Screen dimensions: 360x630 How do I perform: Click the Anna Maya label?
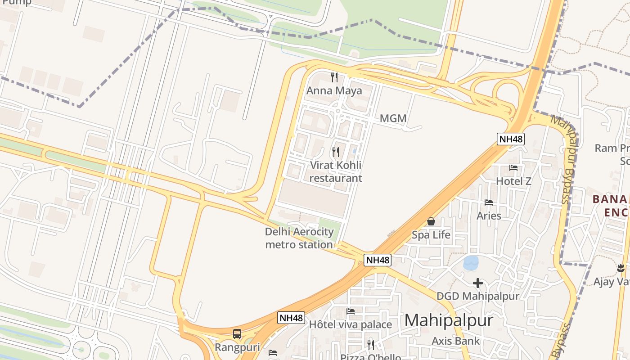coord(334,91)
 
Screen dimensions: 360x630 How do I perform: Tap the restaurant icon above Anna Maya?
coord(334,77)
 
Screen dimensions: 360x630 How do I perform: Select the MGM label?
coord(393,119)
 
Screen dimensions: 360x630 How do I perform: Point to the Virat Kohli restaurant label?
coord(336,171)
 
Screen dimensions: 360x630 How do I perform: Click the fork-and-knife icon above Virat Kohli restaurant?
coord(336,152)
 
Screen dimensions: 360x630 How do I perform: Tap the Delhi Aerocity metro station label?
coord(299,238)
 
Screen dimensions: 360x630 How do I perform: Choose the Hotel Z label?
coord(513,181)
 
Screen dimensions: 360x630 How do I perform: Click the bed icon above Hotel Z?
coord(513,168)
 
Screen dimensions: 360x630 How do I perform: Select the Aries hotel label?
coord(489,216)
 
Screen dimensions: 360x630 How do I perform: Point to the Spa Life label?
coord(431,235)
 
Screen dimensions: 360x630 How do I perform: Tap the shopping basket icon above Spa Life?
coord(431,221)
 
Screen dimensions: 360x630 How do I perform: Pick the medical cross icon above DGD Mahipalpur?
coord(478,283)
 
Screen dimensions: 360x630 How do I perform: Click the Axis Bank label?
coord(456,341)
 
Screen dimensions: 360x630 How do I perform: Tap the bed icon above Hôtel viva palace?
coord(351,311)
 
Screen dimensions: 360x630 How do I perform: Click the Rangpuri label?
coord(237,347)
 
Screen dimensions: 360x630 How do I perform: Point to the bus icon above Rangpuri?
coord(237,334)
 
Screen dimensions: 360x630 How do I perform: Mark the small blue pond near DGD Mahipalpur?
coord(471,263)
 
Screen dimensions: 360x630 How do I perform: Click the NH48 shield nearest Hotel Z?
coord(511,139)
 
